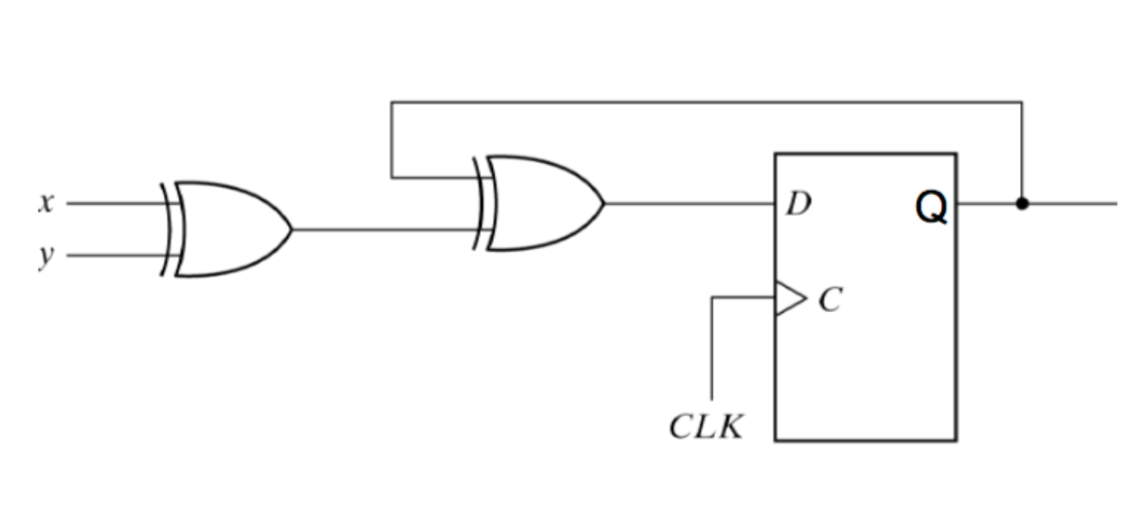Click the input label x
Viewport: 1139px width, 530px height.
46,203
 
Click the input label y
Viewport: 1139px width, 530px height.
46,258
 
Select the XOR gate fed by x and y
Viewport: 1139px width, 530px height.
226,230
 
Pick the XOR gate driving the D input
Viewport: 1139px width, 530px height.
539,203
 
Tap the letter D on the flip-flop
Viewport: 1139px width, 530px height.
799,204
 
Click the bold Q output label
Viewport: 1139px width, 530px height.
931,207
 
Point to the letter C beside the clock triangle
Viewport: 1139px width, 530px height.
830,300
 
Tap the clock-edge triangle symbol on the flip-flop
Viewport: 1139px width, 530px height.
790,299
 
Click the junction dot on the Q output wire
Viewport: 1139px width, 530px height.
1022,204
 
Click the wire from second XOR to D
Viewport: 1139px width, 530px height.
689,204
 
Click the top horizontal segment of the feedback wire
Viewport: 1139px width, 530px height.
707,103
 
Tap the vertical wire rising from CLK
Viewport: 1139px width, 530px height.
711,348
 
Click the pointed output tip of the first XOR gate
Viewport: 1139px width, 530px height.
293,230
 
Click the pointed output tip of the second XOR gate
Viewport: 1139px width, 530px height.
605,203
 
